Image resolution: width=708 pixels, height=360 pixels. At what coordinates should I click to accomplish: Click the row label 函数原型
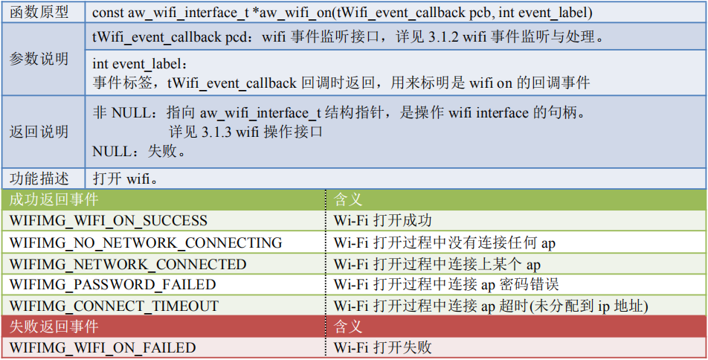[x=39, y=13]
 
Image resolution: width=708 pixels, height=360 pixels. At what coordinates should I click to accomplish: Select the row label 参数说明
[x=39, y=60]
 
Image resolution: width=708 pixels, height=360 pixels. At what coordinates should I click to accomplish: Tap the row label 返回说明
[x=39, y=132]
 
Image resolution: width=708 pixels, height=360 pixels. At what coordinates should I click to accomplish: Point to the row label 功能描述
[x=39, y=179]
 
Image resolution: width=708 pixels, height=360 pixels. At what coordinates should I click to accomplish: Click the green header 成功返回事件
[x=54, y=199]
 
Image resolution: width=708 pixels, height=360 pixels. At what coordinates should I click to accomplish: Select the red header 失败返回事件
[x=54, y=327]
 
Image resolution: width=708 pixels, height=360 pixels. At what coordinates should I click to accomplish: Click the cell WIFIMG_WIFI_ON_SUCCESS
[x=109, y=221]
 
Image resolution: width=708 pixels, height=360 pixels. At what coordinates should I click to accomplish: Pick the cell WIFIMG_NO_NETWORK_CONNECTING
[x=146, y=242]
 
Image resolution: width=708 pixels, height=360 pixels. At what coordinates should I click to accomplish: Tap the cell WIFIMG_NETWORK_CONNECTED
[x=128, y=264]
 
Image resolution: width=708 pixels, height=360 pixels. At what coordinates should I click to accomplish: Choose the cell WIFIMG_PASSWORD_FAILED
[x=112, y=285]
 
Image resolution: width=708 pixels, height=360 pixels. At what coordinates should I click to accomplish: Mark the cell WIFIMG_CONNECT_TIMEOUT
[x=114, y=306]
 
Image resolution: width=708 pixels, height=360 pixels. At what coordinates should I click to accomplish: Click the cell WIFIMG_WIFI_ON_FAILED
[x=103, y=347]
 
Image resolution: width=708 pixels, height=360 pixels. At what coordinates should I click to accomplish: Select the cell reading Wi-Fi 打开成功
[x=383, y=221]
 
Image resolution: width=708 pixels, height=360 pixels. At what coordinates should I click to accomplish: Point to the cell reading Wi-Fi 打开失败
[x=383, y=347]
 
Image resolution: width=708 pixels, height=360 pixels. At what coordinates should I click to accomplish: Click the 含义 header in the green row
[x=348, y=199]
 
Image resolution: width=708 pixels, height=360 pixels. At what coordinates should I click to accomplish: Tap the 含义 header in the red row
[x=348, y=327]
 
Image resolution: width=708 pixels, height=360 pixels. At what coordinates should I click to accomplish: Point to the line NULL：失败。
[x=139, y=152]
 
